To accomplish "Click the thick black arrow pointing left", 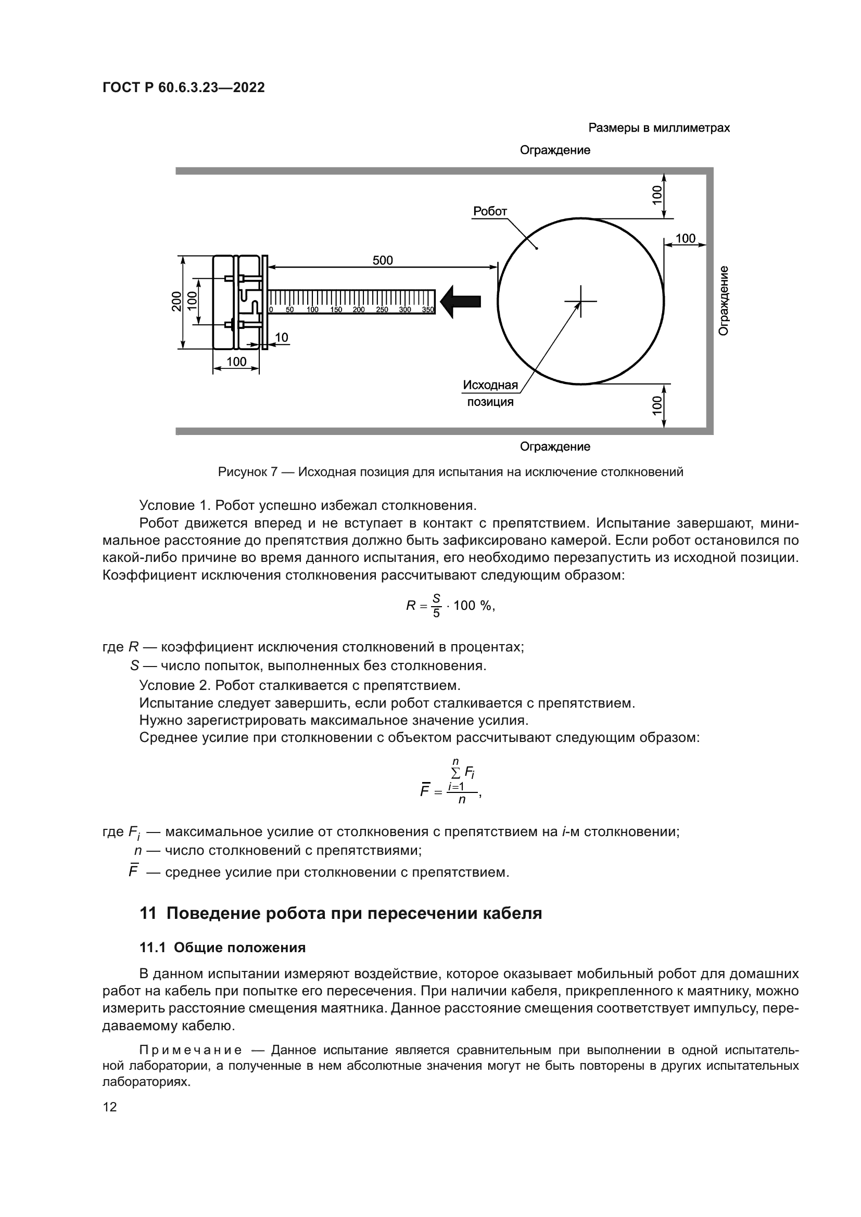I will click(x=461, y=302).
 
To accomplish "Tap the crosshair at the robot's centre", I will click(x=581, y=302).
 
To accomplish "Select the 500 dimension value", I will click(x=382, y=260).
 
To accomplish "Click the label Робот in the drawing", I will click(x=490, y=211).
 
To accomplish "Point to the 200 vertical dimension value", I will click(x=176, y=302).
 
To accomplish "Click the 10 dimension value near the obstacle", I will click(x=282, y=338).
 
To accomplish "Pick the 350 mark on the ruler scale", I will click(x=428, y=310).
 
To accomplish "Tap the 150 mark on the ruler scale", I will click(x=336, y=310).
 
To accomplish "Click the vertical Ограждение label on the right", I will click(x=724, y=300).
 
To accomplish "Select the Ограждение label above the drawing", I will click(x=554, y=150).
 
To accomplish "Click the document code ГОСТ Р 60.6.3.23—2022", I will click(x=183, y=87).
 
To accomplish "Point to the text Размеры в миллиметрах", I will click(x=659, y=128).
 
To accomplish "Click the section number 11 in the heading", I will click(x=148, y=914).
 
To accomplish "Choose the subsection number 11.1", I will click(x=152, y=947).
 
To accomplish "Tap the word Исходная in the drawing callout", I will click(x=490, y=385).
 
